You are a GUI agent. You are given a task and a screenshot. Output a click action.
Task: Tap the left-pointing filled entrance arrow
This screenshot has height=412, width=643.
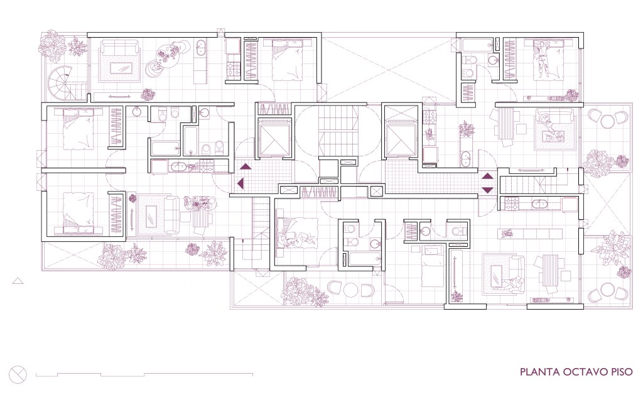pyautogui.click(x=240, y=184)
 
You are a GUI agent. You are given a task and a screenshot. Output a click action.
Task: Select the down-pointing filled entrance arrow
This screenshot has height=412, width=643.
pyautogui.click(x=487, y=190)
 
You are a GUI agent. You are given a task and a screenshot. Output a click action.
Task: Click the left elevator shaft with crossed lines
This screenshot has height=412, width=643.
pyautogui.click(x=273, y=138)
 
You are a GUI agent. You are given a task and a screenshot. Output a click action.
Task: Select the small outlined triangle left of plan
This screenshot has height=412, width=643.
pyautogui.click(x=18, y=281)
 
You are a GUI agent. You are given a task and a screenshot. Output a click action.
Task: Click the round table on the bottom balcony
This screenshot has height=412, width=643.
pyautogui.click(x=352, y=290)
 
